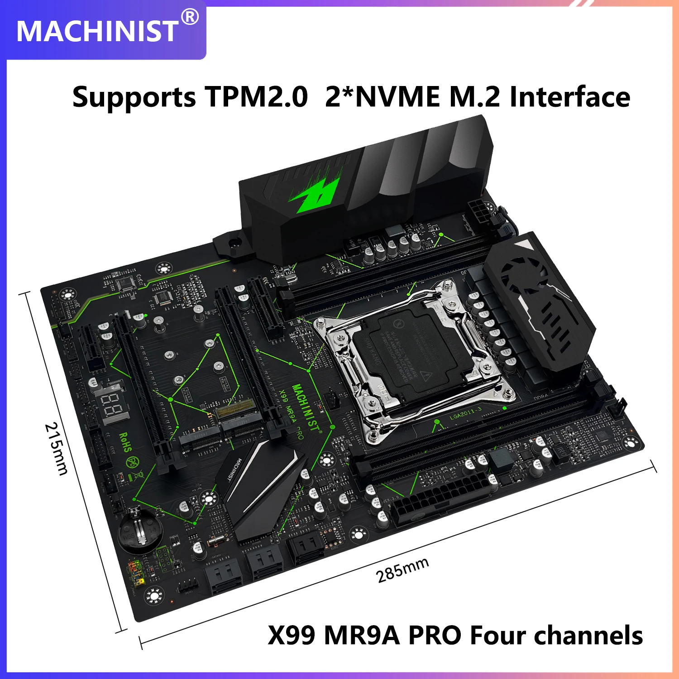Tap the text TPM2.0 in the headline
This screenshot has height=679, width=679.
pyautogui.click(x=256, y=96)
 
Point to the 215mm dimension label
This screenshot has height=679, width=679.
pyautogui.click(x=56, y=449)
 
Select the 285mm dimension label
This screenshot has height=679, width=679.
pyautogui.click(x=402, y=570)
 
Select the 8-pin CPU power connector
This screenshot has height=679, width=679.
pyautogui.click(x=480, y=211)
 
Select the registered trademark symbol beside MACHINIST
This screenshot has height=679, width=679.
pyautogui.click(x=190, y=17)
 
